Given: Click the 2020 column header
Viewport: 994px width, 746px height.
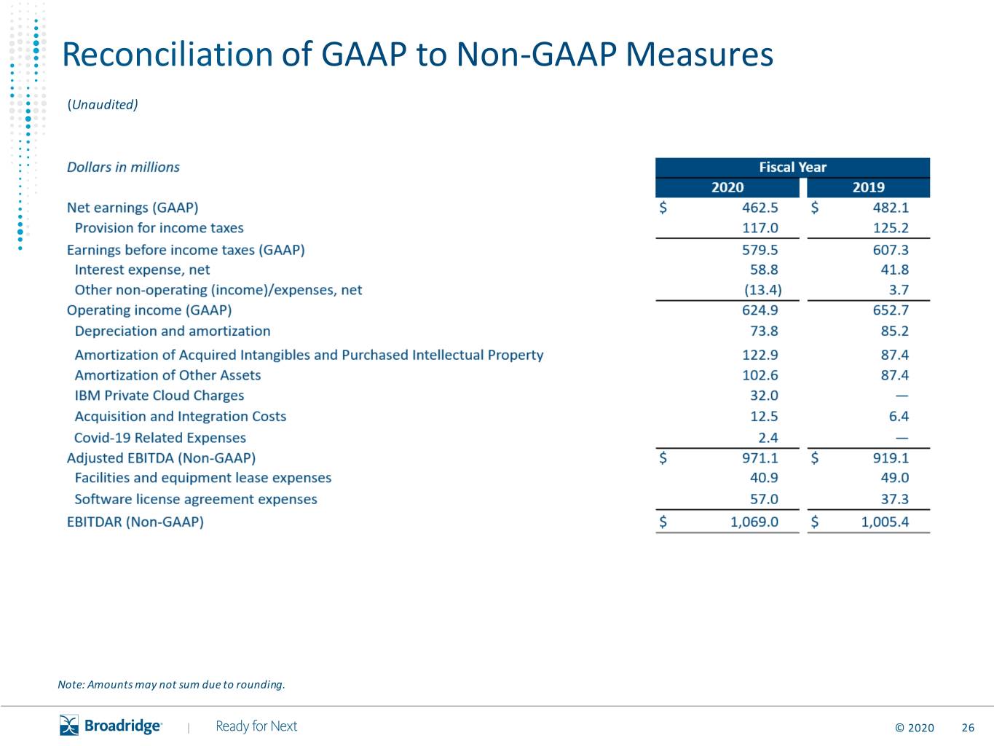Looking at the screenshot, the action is click(727, 187).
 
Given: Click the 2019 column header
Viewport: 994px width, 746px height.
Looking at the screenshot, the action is click(869, 187).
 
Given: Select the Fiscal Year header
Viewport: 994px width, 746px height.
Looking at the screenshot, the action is click(792, 167).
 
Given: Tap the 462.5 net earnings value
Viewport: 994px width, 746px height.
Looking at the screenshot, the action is click(760, 208).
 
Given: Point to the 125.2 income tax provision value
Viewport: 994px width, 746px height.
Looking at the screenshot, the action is click(891, 228).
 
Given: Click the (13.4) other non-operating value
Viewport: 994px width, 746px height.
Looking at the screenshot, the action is click(763, 290).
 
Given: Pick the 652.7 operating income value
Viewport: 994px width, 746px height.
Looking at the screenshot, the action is click(891, 310).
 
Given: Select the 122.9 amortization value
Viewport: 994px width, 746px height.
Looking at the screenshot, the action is click(760, 355).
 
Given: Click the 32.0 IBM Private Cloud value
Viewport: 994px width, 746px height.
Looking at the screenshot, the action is click(764, 396).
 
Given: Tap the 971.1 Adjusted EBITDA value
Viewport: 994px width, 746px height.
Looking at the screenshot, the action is click(760, 458).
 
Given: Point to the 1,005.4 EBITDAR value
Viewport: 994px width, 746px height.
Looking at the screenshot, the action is click(885, 522).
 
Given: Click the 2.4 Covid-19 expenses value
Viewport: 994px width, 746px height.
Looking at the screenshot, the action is click(768, 438).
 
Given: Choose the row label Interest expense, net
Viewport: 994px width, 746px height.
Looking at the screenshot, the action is click(142, 270).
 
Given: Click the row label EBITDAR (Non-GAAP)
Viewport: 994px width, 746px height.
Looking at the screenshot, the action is click(135, 522).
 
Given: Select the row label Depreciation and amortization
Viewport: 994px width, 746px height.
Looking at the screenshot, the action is click(173, 331).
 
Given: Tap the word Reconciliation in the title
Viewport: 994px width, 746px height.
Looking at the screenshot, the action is click(167, 55).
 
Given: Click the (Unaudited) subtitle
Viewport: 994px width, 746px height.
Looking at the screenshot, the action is click(103, 105).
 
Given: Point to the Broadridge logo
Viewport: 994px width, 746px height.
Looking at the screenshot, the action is click(111, 726).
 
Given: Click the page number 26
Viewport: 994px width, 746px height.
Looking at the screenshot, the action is click(968, 728).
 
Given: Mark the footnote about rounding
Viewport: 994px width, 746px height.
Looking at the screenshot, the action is click(172, 684).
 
